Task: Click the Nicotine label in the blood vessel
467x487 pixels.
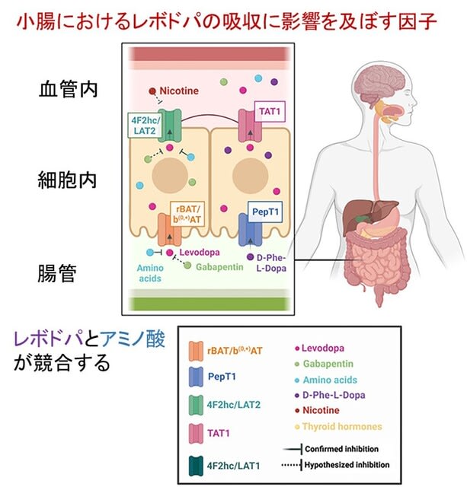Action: [179, 91]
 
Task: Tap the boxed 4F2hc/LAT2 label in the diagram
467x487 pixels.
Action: [146, 126]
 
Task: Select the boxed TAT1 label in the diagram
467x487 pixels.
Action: [270, 111]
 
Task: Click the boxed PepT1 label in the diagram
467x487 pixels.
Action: [265, 212]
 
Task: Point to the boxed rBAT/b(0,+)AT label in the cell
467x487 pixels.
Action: [187, 214]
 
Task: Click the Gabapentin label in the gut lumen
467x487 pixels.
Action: [219, 267]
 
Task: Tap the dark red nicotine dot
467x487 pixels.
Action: [152, 91]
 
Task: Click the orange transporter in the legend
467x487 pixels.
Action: [196, 351]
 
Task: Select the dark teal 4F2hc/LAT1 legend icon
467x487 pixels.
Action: [196, 466]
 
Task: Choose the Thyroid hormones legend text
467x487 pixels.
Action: [342, 426]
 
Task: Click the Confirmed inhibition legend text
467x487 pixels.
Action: [341, 449]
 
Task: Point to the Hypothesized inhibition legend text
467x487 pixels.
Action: [347, 465]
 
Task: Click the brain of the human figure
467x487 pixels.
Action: [380, 82]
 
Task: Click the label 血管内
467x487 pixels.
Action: [68, 89]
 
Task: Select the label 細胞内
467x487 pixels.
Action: [67, 180]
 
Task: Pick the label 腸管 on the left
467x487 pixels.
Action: [57, 273]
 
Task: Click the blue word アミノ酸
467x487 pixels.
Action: [132, 339]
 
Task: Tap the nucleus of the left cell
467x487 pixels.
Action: [170, 175]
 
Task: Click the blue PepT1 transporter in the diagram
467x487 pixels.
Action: [251, 230]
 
